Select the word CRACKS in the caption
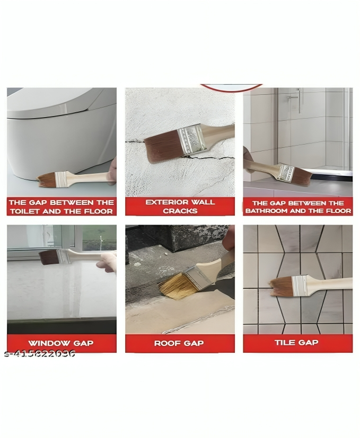click(x=180, y=211)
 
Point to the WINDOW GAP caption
click(x=61, y=343)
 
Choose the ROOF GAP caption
click(x=180, y=343)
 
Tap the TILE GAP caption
click(x=296, y=343)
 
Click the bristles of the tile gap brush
click(x=280, y=287)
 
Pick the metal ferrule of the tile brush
click(x=300, y=285)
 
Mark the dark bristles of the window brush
click(x=49, y=257)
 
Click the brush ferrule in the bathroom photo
click(x=286, y=172)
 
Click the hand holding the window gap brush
click(x=108, y=262)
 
